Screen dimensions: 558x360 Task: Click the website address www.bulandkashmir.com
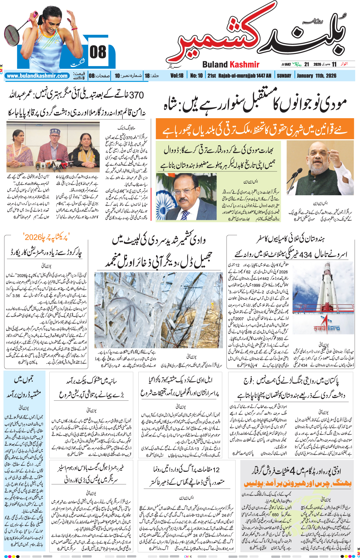[x=37, y=76]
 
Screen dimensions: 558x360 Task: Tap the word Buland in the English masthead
[x=215, y=65]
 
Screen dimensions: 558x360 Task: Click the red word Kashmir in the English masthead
[x=244, y=65]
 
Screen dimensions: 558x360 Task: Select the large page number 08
[x=98, y=52]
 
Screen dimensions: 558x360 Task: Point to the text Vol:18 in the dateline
[x=177, y=76]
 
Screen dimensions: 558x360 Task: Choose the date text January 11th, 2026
[x=316, y=76]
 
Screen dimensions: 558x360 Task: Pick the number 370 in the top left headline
[x=136, y=95]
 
